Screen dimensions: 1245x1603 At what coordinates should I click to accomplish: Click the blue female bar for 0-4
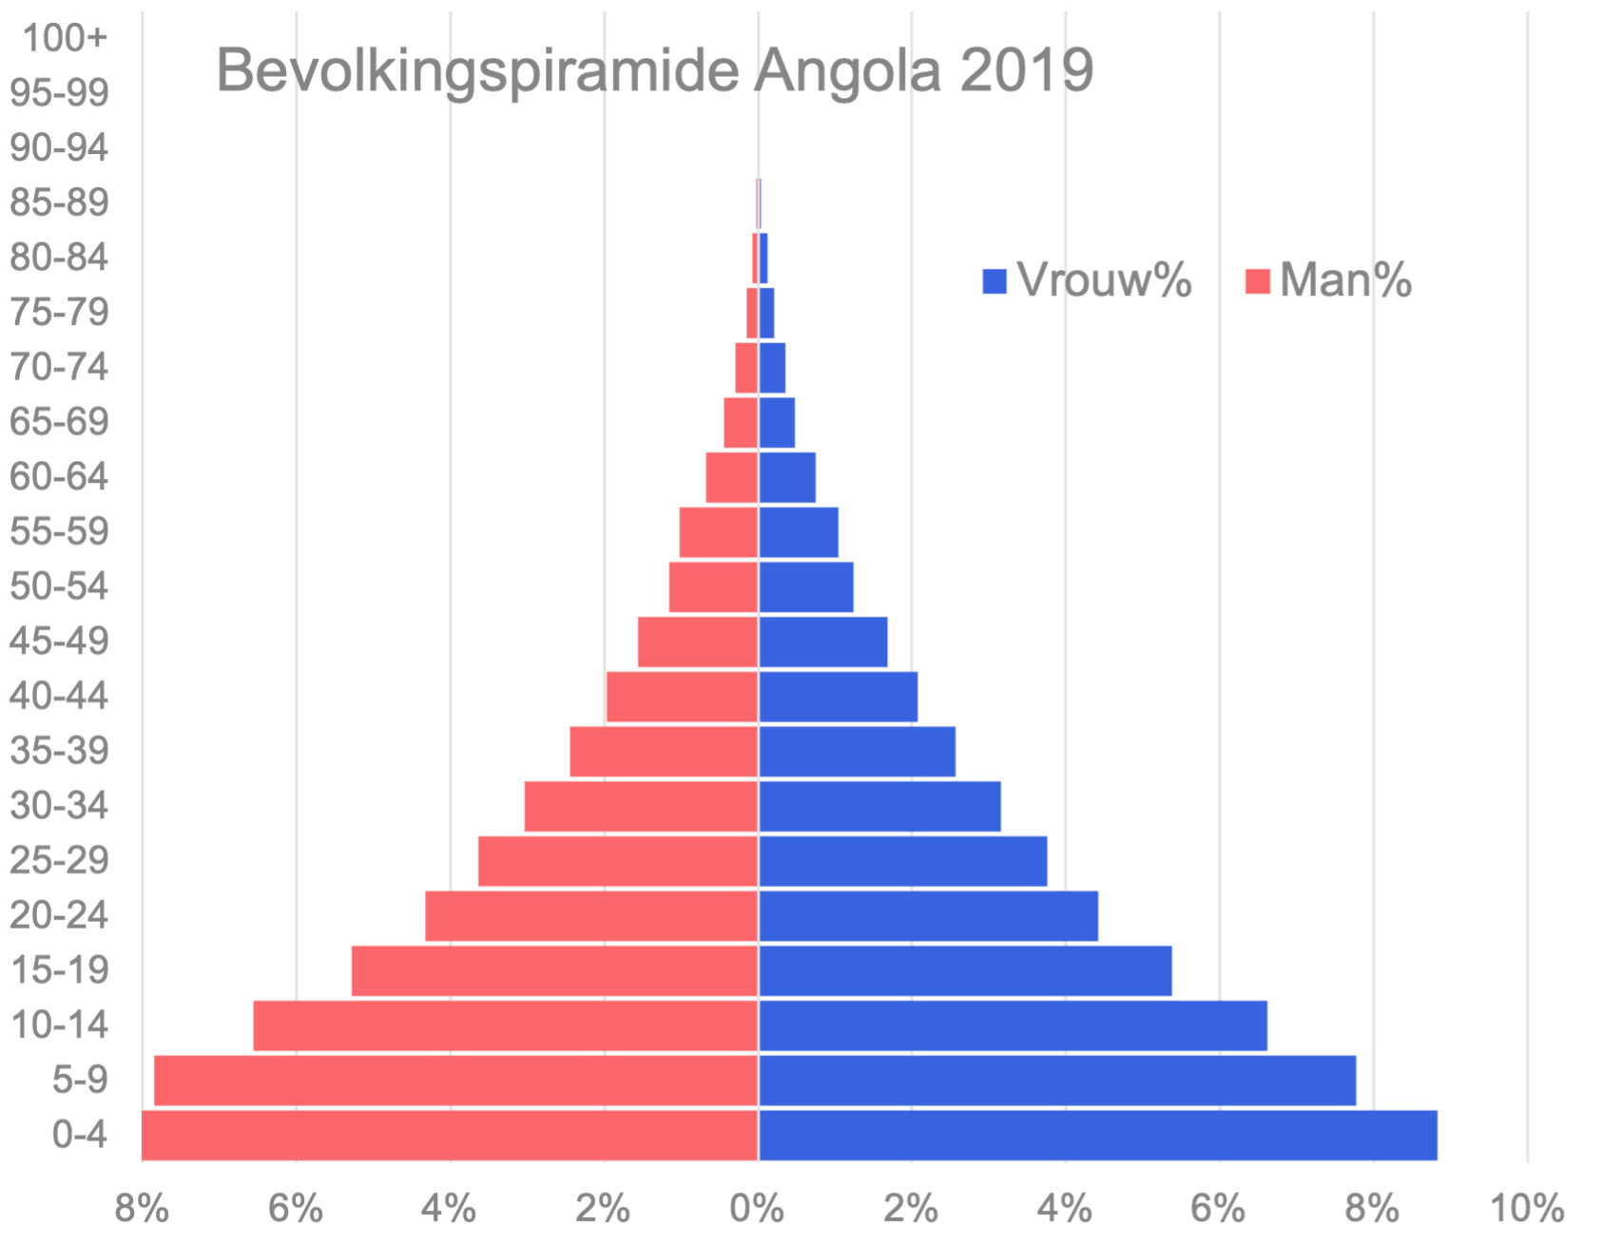(1098, 1135)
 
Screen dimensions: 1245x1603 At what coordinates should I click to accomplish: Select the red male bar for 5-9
(456, 1080)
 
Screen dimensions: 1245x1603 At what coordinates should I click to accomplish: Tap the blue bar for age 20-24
(929, 915)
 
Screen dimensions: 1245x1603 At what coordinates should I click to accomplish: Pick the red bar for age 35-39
(664, 751)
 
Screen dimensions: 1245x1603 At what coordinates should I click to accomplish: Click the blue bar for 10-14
(1014, 1025)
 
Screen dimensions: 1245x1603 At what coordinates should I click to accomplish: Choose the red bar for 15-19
(554, 970)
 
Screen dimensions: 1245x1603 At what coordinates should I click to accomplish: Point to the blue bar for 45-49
(824, 642)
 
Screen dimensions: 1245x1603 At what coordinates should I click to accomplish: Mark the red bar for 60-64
(731, 477)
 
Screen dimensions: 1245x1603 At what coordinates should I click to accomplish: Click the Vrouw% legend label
(1104, 280)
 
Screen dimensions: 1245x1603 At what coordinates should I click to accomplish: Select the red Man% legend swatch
(1257, 281)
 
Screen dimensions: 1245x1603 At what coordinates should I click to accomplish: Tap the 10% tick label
(1526, 1209)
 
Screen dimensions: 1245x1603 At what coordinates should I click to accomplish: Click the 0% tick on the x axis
(758, 1209)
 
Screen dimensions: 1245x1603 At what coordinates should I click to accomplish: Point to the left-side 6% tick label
(296, 1209)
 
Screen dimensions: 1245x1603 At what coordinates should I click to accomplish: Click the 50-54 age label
(59, 586)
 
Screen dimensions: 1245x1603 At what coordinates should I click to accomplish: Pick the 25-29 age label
(59, 860)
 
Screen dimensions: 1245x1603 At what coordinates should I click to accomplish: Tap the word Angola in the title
(848, 69)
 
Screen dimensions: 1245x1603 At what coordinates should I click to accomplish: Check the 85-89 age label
(59, 202)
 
